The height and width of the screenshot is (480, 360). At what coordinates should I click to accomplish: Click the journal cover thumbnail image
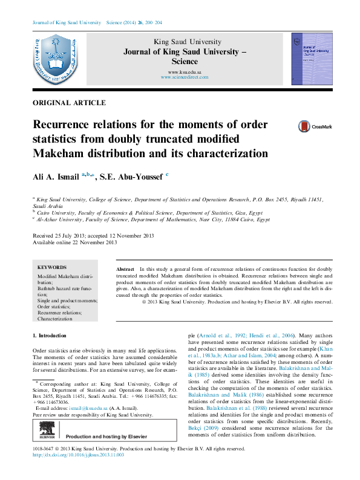[312, 59]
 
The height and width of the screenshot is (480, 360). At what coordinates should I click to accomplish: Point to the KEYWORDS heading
[52, 267]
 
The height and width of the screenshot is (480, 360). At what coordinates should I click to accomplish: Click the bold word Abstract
[125, 268]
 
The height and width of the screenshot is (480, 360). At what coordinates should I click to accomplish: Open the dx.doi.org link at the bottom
[78, 455]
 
